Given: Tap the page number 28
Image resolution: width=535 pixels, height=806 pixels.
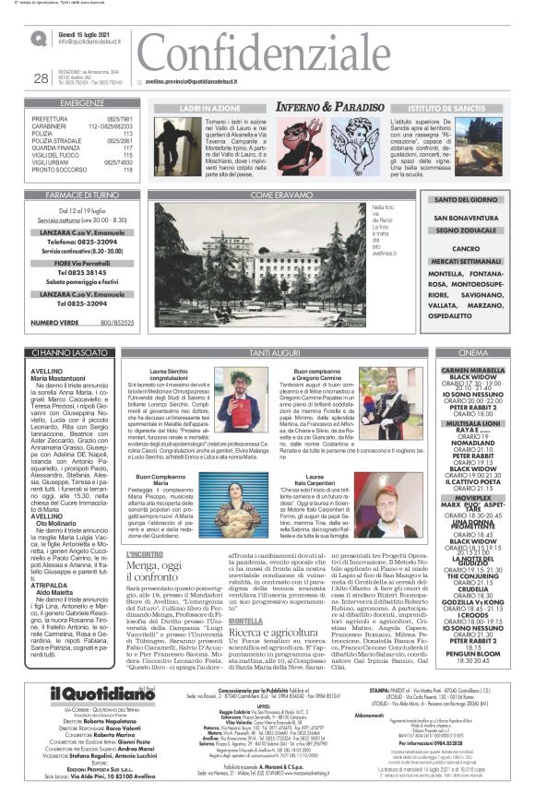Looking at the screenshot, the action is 41,77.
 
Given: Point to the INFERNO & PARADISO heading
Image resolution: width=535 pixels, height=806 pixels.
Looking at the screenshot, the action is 328,108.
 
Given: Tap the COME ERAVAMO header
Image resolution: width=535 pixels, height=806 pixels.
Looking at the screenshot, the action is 276,195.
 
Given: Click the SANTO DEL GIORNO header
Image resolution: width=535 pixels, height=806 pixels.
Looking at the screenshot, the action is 465,199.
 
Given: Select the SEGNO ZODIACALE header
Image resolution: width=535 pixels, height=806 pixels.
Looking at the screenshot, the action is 465,229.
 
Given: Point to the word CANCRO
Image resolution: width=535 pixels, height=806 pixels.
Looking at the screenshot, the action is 466,248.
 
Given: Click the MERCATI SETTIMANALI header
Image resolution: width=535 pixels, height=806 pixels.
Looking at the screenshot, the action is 465,263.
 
